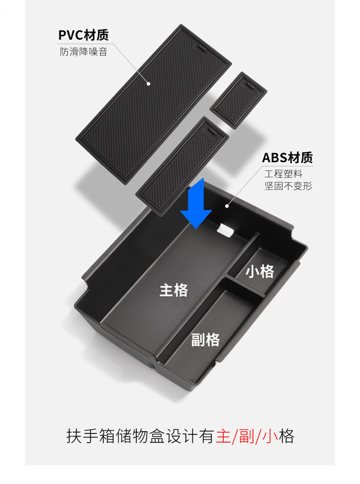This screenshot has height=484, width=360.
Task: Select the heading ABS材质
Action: (287, 157)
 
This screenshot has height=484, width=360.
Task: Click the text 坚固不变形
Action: (288, 186)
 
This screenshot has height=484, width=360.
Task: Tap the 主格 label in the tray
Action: (174, 290)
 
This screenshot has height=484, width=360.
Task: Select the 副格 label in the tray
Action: (205, 340)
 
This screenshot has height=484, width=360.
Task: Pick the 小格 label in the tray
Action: (260, 271)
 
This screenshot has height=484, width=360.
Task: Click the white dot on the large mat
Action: (149, 84)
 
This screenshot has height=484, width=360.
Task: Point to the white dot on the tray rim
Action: (227, 206)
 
